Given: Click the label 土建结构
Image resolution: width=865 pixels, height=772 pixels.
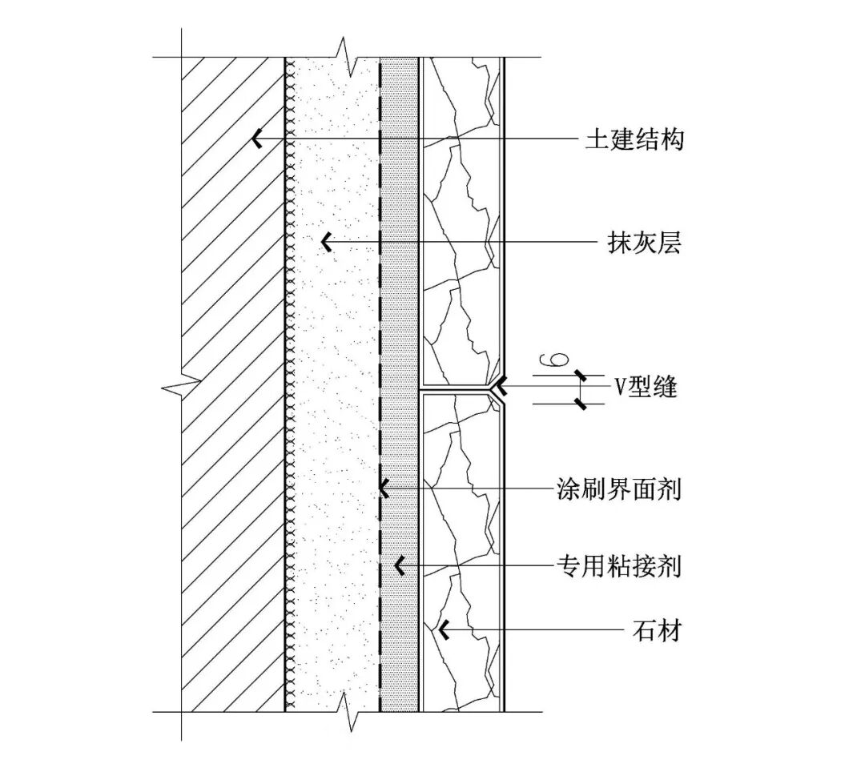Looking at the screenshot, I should pyautogui.click(x=634, y=141).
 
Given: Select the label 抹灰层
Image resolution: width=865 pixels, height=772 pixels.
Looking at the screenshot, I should pyautogui.click(x=644, y=242).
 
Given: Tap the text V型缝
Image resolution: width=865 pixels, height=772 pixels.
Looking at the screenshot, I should pyautogui.click(x=646, y=388).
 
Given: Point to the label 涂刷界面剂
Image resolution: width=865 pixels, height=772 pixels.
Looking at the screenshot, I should pyautogui.click(x=619, y=489).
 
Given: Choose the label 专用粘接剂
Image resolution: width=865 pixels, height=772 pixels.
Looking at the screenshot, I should pyautogui.click(x=619, y=567).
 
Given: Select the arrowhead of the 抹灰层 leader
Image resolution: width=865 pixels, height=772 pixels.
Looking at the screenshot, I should pyautogui.click(x=326, y=240).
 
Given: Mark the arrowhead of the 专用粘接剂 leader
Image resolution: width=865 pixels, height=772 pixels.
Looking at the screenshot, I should pyautogui.click(x=399, y=566).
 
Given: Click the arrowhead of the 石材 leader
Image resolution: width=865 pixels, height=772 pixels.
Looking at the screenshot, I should pyautogui.click(x=441, y=631).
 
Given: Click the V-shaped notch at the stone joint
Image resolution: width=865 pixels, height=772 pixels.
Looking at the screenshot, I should pyautogui.click(x=498, y=389).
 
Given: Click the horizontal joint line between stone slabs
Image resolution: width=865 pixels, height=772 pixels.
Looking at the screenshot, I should pyautogui.click(x=457, y=389).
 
